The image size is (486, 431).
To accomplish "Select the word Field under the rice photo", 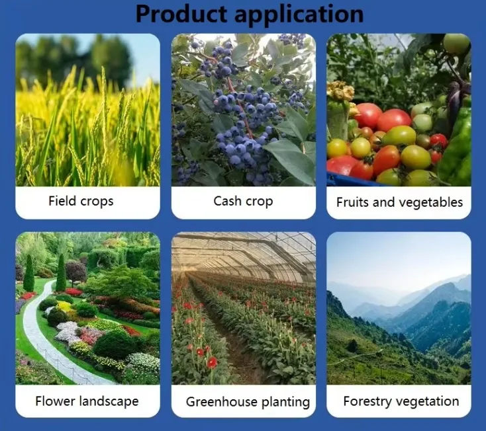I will click(62, 201).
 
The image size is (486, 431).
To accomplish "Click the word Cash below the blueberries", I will click(227, 201).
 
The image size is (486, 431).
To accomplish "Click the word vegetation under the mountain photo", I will click(428, 401).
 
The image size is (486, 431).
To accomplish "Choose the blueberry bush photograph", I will click(243, 110).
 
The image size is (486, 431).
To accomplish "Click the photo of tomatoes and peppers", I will click(399, 110).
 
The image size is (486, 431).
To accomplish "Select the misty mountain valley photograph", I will click(399, 308).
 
